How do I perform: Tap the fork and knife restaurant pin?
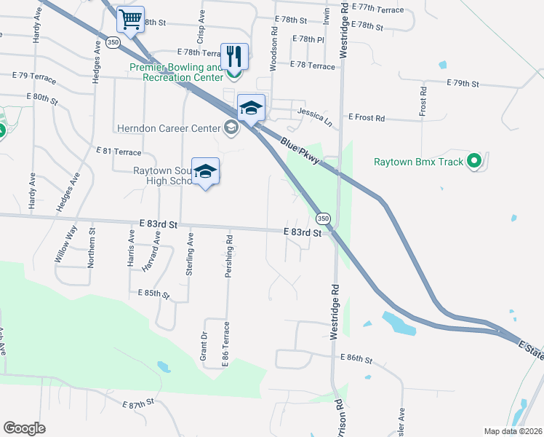point(234,55)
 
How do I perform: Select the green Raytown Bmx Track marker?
point(475,161)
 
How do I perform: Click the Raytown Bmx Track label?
point(418,162)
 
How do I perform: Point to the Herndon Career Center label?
point(168,128)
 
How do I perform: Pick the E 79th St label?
point(463,84)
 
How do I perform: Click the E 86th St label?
point(356,359)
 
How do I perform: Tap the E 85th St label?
point(153,294)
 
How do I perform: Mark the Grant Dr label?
point(204,346)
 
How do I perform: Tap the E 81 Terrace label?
point(119,151)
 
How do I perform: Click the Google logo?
point(24,428)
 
